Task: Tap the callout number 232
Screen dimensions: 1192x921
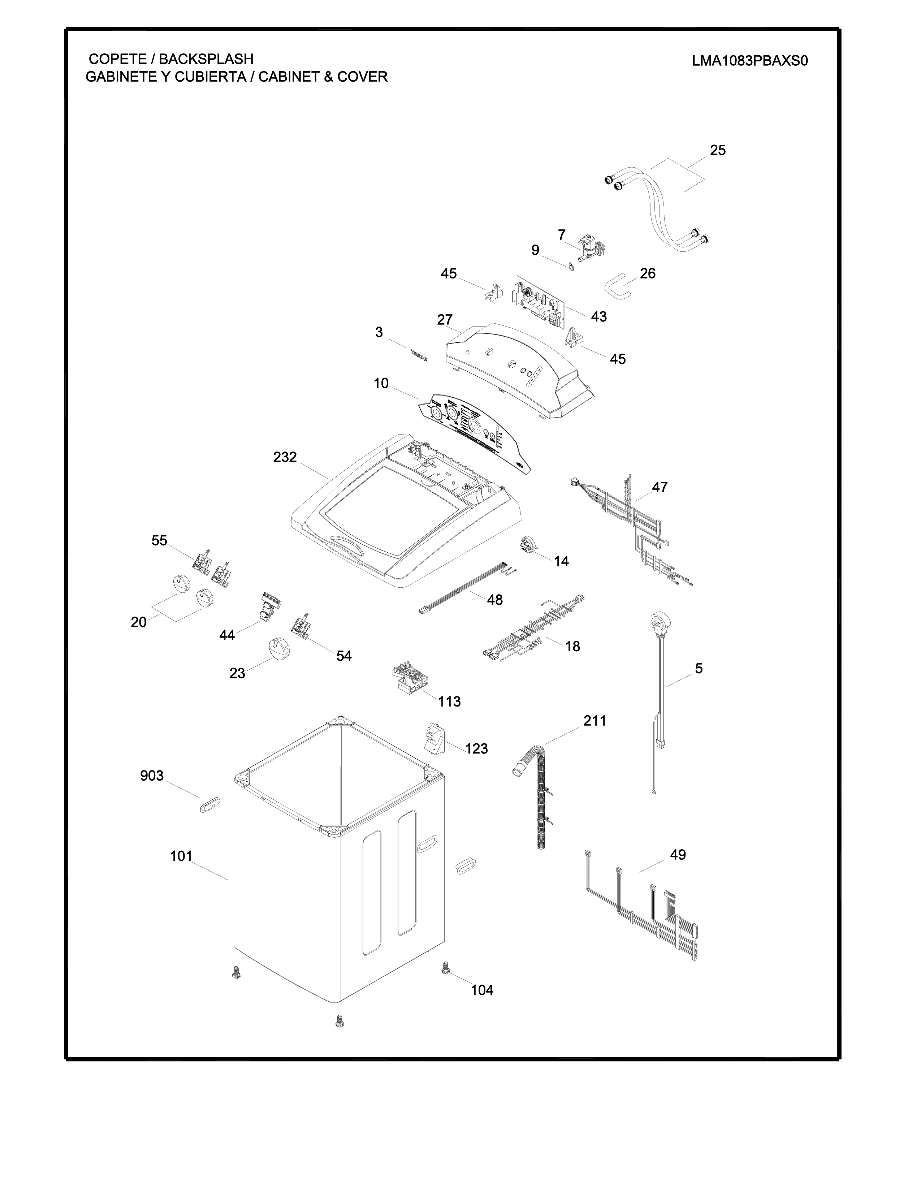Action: pos(285,457)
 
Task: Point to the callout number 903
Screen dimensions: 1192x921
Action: pos(152,776)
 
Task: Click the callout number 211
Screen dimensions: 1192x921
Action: pos(595,721)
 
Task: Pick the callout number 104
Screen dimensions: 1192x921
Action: pos(482,989)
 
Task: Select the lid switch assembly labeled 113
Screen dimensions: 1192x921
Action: pos(410,678)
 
